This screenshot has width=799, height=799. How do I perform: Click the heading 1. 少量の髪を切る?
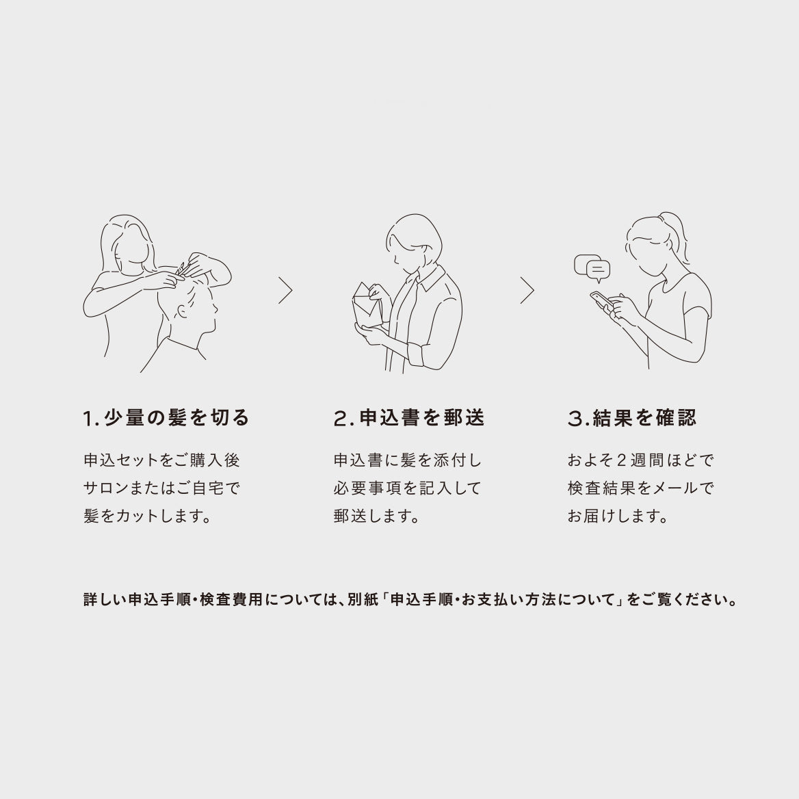pyautogui.click(x=166, y=418)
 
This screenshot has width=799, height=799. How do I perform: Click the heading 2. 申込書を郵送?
pyautogui.click(x=409, y=418)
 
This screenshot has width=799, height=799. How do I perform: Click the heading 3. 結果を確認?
pyautogui.click(x=632, y=418)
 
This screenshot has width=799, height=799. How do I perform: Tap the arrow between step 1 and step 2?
pyautogui.click(x=286, y=291)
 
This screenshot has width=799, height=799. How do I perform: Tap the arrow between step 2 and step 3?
pyautogui.click(x=527, y=291)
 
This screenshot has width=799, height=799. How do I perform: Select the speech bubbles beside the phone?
pyautogui.click(x=592, y=268)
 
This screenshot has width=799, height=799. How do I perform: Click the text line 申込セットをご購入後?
pyautogui.click(x=161, y=460)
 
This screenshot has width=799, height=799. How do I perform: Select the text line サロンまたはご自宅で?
pyautogui.click(x=161, y=488)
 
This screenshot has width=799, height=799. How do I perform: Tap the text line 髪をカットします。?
pyautogui.click(x=147, y=516)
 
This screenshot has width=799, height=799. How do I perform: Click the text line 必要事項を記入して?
pyautogui.click(x=407, y=488)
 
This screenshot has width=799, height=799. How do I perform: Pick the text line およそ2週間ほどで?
pyautogui.click(x=641, y=460)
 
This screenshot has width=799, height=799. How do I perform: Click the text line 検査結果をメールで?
pyautogui.click(x=641, y=488)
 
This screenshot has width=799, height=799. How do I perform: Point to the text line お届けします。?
pyautogui.click(x=618, y=516)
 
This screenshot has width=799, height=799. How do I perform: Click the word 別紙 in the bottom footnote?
pyautogui.click(x=363, y=599)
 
